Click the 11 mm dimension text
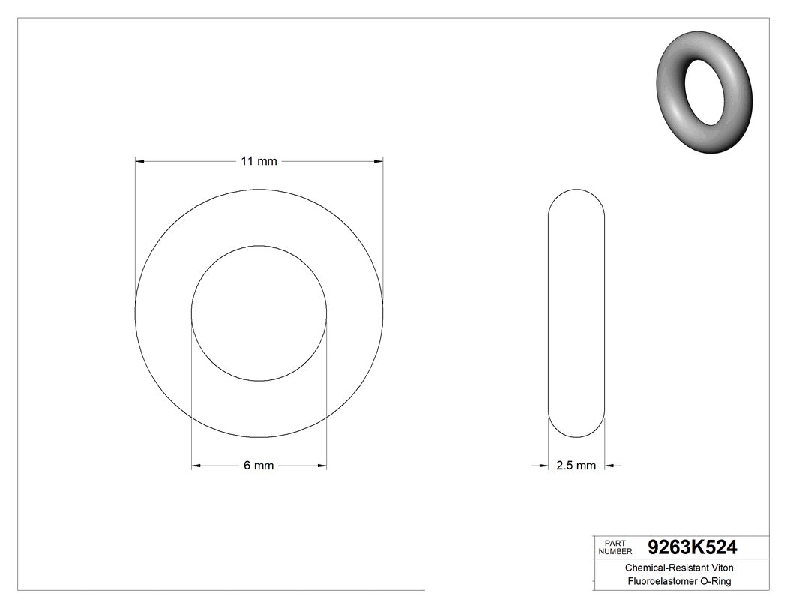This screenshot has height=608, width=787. pyautogui.click(x=259, y=161)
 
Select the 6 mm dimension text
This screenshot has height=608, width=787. pyautogui.click(x=259, y=466)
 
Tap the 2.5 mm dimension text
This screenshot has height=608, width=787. pyautogui.click(x=576, y=466)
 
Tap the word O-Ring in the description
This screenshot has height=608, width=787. pyautogui.click(x=716, y=581)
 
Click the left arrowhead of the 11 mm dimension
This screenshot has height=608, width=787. pyautogui.click(x=139, y=160)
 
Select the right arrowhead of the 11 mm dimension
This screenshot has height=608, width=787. pyautogui.click(x=379, y=160)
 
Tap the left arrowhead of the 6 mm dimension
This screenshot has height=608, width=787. pyautogui.click(x=196, y=466)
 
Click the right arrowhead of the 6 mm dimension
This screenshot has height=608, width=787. pyautogui.click(x=322, y=466)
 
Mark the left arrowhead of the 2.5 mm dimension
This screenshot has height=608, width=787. pyautogui.click(x=544, y=466)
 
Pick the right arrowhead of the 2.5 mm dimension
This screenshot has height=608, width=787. pyautogui.click(x=609, y=466)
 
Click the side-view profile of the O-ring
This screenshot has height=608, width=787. pyautogui.click(x=576, y=313)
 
